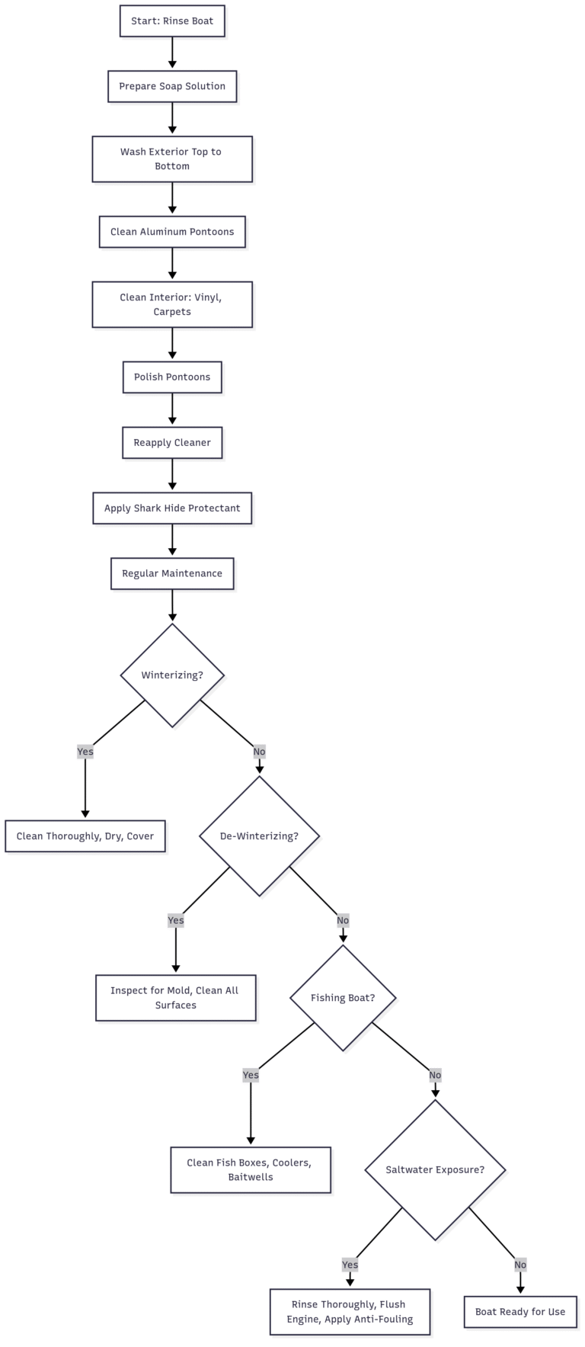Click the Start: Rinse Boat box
pyautogui.click(x=172, y=21)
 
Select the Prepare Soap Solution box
pyautogui.click(x=172, y=86)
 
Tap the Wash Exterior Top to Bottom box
pyautogui.click(x=172, y=159)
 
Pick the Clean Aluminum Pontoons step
pyautogui.click(x=172, y=232)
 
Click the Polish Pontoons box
pyautogui.click(x=172, y=377)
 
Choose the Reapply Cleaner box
pyautogui.click(x=172, y=443)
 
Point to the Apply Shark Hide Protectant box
pyautogui.click(x=172, y=508)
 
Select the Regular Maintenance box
pyautogui.click(x=172, y=573)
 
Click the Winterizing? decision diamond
pyautogui.click(x=172, y=675)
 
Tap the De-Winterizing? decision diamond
pyautogui.click(x=259, y=836)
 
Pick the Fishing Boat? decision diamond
pyautogui.click(x=343, y=998)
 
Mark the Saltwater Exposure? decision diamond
pyautogui.click(x=435, y=1170)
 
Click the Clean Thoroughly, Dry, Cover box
pyautogui.click(x=85, y=836)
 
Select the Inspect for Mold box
pyautogui.click(x=176, y=998)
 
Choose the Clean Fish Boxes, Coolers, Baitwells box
pyautogui.click(x=251, y=1170)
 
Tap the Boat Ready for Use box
pyautogui.click(x=520, y=1312)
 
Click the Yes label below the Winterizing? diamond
pyautogui.click(x=85, y=752)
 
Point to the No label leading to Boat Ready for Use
pyautogui.click(x=520, y=1265)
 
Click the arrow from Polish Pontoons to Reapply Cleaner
pyautogui.click(x=172, y=410)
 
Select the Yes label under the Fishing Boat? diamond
pyautogui.click(x=251, y=1075)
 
